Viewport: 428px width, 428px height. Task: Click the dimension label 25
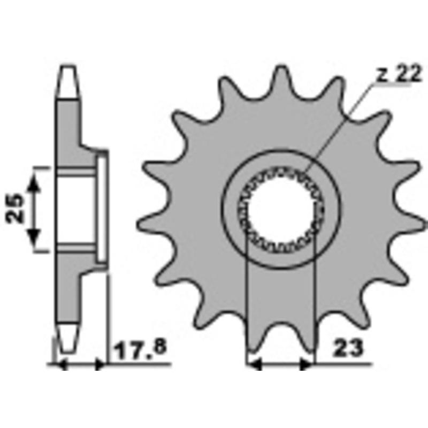pos(14,208)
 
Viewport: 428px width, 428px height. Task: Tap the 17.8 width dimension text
pos(140,348)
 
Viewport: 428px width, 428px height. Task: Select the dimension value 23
pos(349,348)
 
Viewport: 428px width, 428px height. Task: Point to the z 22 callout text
pos(399,74)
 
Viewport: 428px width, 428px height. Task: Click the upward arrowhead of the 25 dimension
pos(33,183)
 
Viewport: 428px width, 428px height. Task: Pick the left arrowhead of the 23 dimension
pos(255,364)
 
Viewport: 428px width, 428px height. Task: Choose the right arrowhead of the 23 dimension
pos(306,364)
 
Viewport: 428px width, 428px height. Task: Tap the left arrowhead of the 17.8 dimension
pos(60,364)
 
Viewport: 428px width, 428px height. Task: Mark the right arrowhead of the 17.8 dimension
pos(100,364)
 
